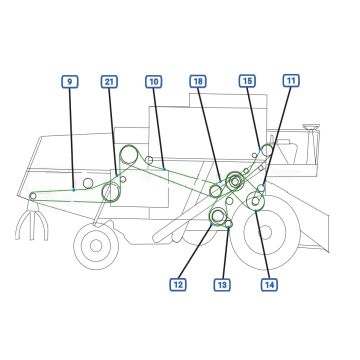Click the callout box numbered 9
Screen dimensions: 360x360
tap(70, 82)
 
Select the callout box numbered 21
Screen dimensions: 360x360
tap(109, 82)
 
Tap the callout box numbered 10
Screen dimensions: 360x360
tap(154, 82)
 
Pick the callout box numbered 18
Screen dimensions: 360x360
tap(198, 81)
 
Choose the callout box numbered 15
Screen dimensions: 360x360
tap(247, 81)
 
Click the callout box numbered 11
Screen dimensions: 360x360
tap(291, 81)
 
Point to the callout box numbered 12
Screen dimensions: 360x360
tap(178, 285)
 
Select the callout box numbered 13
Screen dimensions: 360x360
tap(222, 285)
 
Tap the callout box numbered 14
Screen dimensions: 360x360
tap(269, 285)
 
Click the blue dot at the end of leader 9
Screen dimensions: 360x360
tap(74, 190)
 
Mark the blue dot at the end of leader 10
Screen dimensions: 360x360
tap(164, 169)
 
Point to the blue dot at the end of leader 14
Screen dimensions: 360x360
tap(255, 210)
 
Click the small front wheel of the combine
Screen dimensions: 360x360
tap(96, 246)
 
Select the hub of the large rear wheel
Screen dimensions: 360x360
tap(265, 233)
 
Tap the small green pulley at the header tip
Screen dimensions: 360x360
tap(33, 196)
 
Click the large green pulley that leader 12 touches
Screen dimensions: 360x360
tap(217, 216)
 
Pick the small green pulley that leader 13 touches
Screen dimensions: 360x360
tap(229, 224)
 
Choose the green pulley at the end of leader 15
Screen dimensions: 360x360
tap(267, 151)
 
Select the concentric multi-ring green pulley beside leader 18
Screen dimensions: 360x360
tap(235, 181)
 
